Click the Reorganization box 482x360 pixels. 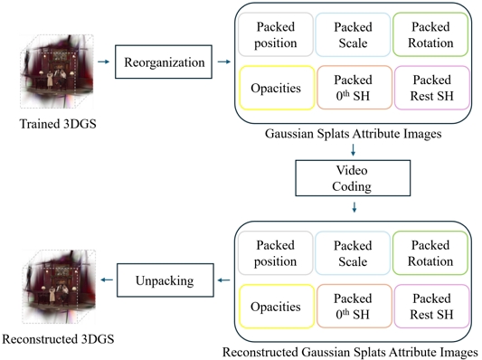click(x=156, y=62)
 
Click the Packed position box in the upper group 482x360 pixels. click(x=275, y=35)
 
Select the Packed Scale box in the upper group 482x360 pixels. click(x=353, y=35)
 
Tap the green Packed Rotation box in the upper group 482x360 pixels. click(x=431, y=35)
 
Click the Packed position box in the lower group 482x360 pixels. click(x=275, y=253)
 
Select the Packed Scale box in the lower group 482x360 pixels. click(x=353, y=253)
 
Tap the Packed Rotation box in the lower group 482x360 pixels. click(x=431, y=253)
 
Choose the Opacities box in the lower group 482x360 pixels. click(x=275, y=307)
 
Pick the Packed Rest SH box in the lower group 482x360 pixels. click(x=431, y=307)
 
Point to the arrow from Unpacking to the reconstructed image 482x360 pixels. click(x=107, y=280)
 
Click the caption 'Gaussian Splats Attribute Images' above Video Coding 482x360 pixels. click(x=354, y=134)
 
